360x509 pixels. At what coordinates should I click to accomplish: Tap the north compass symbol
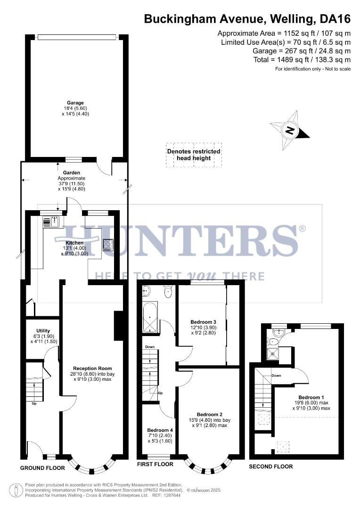pos(290,130)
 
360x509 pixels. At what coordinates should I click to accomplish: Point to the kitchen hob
pos(108,245)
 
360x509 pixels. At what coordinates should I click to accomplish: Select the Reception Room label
pos(92,368)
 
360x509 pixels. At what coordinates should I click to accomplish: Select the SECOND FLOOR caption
pos(271,467)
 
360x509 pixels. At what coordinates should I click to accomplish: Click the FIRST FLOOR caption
pos(155,464)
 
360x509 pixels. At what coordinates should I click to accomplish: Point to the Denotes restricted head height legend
pos(194,155)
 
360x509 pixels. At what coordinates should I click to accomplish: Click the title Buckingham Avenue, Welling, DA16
pos(247,19)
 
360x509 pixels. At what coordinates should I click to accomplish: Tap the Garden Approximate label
pos(72,178)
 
